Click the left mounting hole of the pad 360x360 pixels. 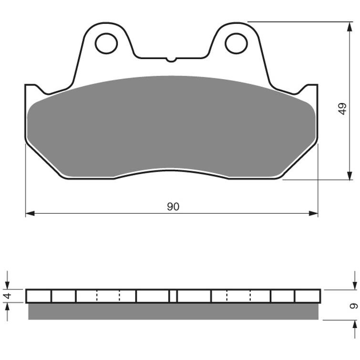click(106, 43)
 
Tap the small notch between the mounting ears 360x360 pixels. click(171, 60)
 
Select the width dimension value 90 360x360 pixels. click(173, 206)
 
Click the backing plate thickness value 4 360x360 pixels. click(7, 296)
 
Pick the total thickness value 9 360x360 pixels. click(353, 305)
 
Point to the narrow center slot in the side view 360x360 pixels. click(173, 296)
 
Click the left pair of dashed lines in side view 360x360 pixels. click(108, 296)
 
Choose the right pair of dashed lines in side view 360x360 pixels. click(238, 296)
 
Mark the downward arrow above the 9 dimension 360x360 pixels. click(354, 281)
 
